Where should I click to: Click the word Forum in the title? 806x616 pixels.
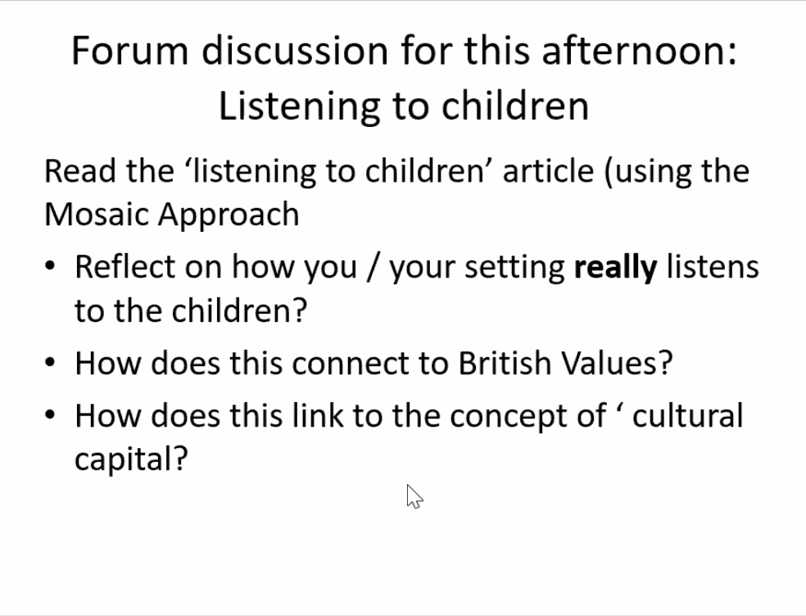pyautogui.click(x=130, y=51)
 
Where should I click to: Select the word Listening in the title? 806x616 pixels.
pyautogui.click(x=299, y=106)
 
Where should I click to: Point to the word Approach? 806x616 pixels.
pyautogui.click(x=229, y=215)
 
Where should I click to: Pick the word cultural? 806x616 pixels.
pyautogui.click(x=688, y=415)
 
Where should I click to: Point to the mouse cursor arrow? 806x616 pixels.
pyautogui.click(x=414, y=496)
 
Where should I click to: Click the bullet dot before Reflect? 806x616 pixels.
pyautogui.click(x=50, y=266)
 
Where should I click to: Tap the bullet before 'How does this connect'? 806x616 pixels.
pyautogui.click(x=50, y=363)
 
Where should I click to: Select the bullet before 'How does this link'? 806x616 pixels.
pyautogui.click(x=50, y=415)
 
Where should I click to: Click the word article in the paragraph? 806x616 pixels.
pyautogui.click(x=548, y=171)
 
